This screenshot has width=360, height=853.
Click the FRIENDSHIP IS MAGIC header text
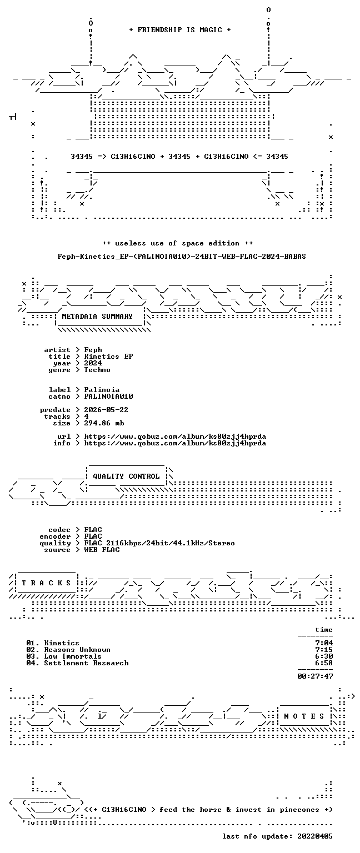(180, 29)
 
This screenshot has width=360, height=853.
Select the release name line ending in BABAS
(182, 256)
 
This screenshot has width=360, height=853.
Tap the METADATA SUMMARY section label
(97, 316)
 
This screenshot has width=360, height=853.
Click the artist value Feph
(93, 349)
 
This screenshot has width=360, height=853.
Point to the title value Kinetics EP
(108, 357)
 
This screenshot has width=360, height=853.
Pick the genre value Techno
(97, 370)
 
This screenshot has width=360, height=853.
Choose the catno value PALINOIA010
(108, 397)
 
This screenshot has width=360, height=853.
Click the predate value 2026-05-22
(106, 410)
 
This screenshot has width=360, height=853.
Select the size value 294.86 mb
(104, 423)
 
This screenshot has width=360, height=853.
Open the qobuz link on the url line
(175, 436)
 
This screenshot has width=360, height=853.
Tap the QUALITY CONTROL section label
(126, 476)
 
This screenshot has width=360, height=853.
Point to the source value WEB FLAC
(102, 550)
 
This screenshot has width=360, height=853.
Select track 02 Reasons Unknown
(68, 650)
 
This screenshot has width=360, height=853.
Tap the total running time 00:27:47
(315, 676)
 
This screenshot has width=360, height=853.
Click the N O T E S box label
(304, 716)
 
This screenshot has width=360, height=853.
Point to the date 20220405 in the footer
(315, 836)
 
